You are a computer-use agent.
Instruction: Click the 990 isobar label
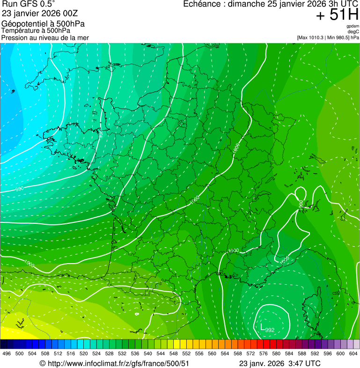point(20,189)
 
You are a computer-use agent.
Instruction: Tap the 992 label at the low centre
point(270,330)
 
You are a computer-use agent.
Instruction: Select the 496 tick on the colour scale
point(7,353)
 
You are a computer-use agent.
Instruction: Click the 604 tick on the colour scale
point(353,353)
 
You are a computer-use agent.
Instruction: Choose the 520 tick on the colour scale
point(83,353)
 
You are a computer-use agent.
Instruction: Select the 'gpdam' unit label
point(353,26)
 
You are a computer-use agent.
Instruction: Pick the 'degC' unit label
point(353,31)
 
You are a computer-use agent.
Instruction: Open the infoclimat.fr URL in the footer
point(118,363)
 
